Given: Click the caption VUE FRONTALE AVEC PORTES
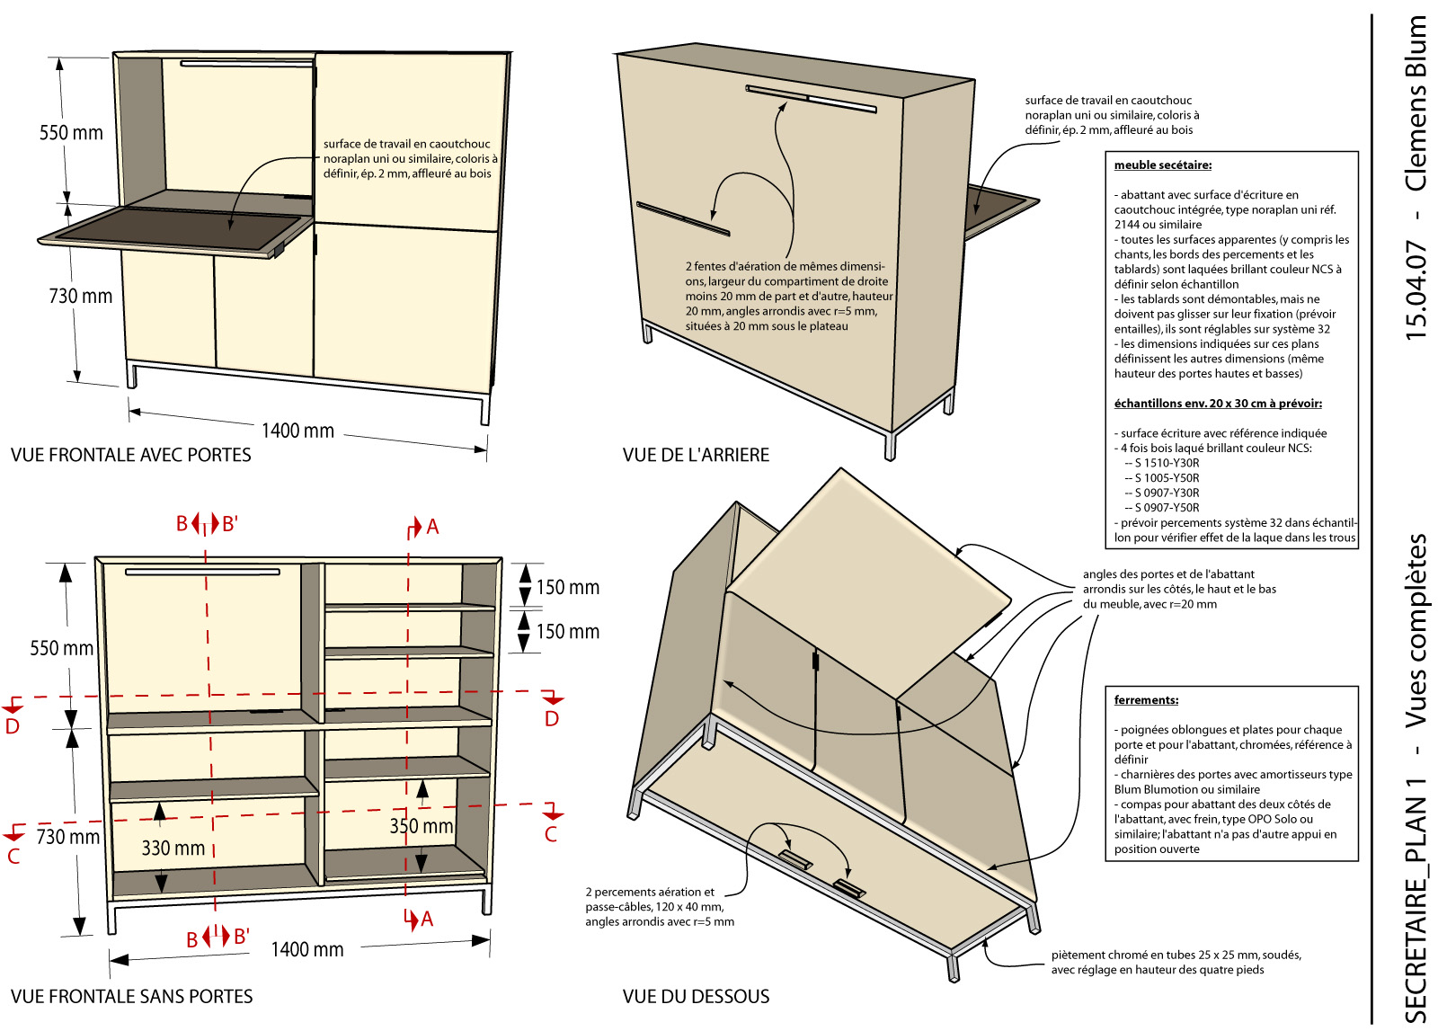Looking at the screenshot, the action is (131, 455).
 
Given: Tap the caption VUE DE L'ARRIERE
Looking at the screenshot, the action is (696, 455).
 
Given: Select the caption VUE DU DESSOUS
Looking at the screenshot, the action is (696, 996).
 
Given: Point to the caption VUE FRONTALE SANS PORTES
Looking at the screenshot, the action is (131, 996).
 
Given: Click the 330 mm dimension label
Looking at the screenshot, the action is (173, 848).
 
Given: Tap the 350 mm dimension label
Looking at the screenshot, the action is (422, 825).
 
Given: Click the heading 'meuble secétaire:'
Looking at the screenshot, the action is (1163, 165).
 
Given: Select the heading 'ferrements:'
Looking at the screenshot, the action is (1146, 699).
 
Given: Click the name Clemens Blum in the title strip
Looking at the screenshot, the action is (1416, 102).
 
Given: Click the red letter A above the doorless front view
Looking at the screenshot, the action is (432, 527).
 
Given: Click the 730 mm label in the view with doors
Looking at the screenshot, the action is (81, 296).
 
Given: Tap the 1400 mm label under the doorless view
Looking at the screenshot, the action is (306, 949).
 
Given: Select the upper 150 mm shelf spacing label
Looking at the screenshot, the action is (567, 587).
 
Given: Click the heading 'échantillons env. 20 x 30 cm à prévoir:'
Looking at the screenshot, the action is (1218, 404).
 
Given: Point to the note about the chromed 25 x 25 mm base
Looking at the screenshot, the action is (1176, 962).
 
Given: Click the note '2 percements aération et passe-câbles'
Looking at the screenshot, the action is (660, 906).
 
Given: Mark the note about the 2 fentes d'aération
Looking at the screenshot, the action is (789, 296).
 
